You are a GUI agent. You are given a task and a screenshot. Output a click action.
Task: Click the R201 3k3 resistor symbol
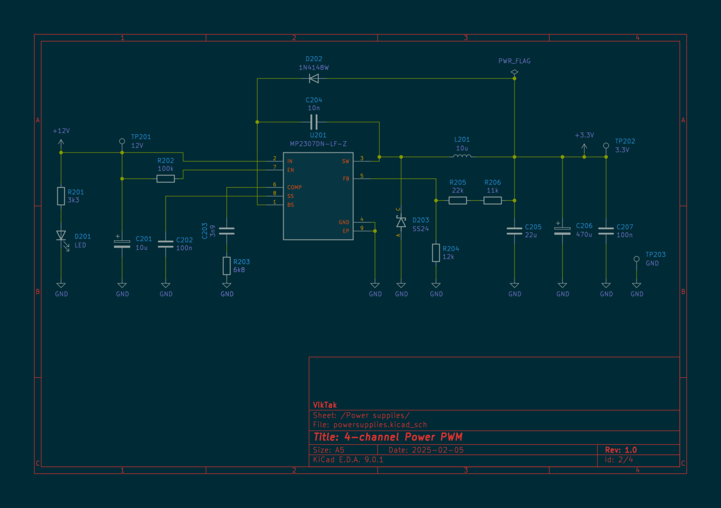pos(61,196)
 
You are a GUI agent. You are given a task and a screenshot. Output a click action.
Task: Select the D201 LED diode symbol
pos(61,235)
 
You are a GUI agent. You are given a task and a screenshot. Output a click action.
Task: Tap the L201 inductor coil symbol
pos(462,156)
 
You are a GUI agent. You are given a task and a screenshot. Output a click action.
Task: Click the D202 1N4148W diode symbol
pos(314,78)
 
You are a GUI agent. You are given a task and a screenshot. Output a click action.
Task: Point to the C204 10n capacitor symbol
pos(314,122)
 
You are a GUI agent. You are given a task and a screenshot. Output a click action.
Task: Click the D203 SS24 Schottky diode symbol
pos(401,221)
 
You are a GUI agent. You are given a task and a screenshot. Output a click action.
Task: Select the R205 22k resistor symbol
pos(458,201)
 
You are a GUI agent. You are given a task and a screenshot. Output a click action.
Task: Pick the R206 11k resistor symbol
pos(492,201)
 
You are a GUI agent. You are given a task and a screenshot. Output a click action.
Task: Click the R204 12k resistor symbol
pos(436,253)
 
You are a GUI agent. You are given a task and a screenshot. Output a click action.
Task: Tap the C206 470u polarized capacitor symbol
pos(562,231)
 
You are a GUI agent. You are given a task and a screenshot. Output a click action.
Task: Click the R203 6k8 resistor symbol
pos(227,266)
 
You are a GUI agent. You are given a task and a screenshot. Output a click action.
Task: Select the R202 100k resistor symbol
pos(166,179)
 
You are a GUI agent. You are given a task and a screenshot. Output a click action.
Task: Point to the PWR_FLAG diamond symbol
pos(514,72)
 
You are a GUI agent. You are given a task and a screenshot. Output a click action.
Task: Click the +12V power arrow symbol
pos(61,143)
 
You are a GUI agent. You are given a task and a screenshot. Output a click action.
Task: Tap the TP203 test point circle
pos(637,259)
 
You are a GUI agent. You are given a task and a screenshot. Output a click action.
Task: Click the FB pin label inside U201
pos(346,179)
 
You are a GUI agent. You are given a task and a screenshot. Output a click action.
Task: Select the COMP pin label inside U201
pos(294,187)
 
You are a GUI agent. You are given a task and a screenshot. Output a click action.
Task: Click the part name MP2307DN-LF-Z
pos(318,144)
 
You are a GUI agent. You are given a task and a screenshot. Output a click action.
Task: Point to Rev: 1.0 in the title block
pos(621,450)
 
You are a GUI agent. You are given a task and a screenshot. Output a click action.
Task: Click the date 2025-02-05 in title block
pos(437,450)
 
